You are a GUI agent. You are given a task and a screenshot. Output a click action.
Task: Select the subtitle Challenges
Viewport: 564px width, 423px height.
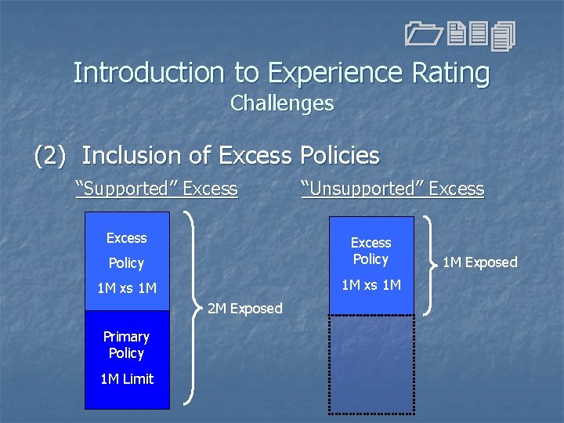point(282,103)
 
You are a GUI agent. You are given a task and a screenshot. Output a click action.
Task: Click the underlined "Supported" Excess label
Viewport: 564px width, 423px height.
point(156,189)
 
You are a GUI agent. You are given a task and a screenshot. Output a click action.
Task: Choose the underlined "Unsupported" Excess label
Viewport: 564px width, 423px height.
point(392,189)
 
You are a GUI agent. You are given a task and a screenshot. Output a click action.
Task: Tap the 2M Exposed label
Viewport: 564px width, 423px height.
point(244,309)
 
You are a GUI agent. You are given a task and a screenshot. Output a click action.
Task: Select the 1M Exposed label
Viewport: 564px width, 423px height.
point(479,262)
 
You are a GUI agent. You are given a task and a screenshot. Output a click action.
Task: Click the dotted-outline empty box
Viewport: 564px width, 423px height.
point(371,363)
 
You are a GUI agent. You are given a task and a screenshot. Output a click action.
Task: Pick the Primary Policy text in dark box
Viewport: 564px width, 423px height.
point(126,345)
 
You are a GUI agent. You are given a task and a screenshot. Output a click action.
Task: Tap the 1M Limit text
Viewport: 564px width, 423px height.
point(127,379)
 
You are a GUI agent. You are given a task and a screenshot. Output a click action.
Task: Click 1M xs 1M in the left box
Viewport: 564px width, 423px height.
point(127,288)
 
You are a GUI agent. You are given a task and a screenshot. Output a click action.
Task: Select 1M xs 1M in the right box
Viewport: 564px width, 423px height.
point(371,284)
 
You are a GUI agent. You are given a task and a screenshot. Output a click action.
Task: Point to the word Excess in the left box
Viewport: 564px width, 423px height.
point(127,238)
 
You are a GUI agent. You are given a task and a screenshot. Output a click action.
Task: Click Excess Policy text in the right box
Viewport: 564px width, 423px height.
point(371,251)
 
